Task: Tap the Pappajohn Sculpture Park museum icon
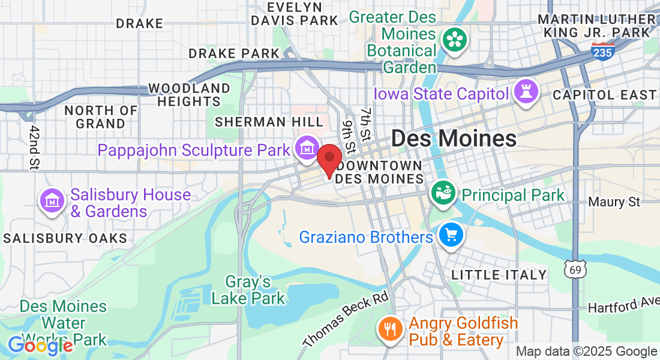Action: point(307,147)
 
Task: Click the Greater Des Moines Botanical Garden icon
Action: point(455,40)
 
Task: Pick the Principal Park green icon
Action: point(443,193)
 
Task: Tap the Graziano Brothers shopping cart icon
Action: point(451,235)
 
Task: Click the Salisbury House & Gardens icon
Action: point(53,200)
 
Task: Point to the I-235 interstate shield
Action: point(602,52)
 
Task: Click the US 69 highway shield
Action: point(575,270)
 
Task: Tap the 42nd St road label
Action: point(34,147)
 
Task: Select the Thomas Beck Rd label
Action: point(346,319)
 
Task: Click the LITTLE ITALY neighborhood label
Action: point(499,275)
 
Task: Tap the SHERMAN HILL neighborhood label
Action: point(260,122)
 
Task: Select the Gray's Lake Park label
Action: point(248,289)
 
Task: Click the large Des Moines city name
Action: point(454,139)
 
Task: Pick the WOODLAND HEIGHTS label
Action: point(189,95)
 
